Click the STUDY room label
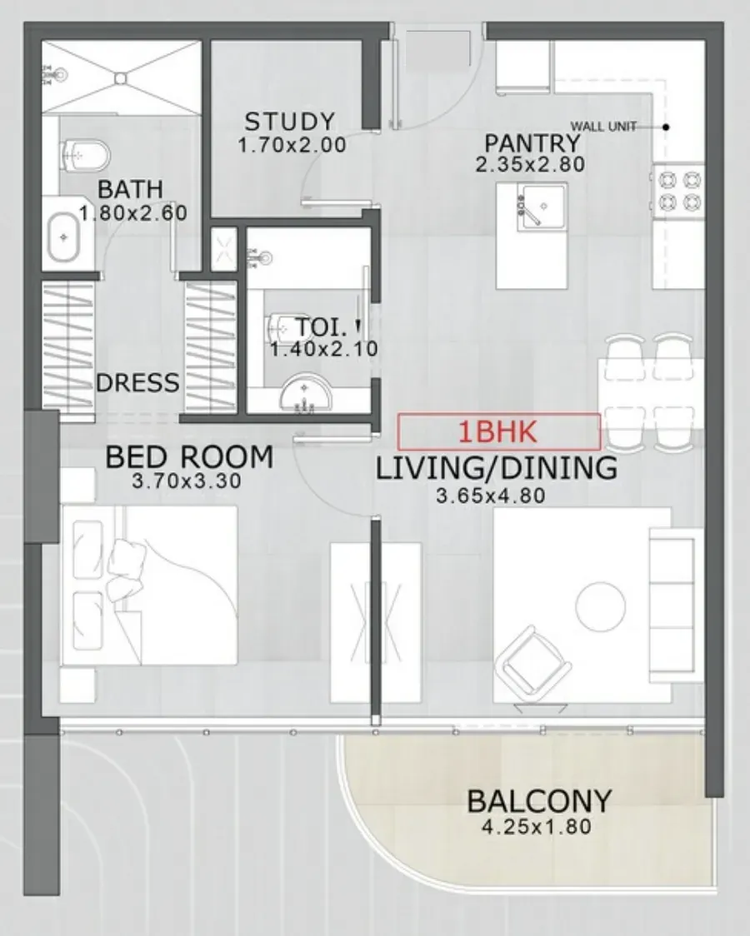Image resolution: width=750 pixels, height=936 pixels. [290, 122]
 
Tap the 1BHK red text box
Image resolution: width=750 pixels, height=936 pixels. [499, 431]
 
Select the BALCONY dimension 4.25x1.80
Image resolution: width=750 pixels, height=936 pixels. [536, 827]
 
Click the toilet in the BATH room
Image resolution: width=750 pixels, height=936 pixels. [86, 154]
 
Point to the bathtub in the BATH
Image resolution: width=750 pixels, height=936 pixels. [64, 237]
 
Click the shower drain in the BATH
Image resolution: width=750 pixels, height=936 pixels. [121, 77]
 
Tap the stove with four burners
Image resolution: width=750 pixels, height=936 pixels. [679, 191]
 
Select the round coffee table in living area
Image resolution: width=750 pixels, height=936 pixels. [601, 606]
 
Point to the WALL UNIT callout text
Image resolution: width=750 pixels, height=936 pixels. [603, 127]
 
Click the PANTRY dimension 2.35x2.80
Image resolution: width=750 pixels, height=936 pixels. [530, 164]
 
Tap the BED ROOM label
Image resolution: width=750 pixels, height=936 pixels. [189, 457]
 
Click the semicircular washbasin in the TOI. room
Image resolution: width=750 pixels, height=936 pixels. [305, 393]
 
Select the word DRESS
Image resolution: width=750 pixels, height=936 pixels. [137, 382]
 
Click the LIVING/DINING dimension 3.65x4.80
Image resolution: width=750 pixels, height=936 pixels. [491, 495]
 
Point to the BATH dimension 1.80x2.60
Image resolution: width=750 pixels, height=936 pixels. [133, 213]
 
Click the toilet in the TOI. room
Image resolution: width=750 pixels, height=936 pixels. [279, 326]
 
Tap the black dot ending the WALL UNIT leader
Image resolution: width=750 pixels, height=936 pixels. [667, 127]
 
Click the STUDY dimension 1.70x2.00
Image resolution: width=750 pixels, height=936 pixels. [292, 145]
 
